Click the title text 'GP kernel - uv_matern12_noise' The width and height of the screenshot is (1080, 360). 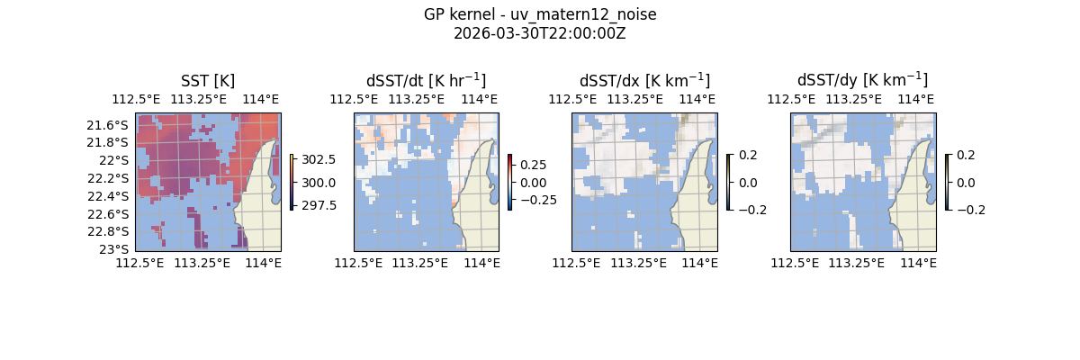[x=540, y=14]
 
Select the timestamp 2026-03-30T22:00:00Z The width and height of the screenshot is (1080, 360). [x=540, y=33]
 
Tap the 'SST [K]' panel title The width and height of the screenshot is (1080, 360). [x=208, y=80]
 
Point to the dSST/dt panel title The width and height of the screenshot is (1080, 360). [x=426, y=80]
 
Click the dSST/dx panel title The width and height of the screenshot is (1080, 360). [x=644, y=80]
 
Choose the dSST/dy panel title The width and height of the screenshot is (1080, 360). [x=862, y=80]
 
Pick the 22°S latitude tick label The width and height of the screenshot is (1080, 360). [x=116, y=160]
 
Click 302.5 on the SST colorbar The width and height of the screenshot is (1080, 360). [x=318, y=159]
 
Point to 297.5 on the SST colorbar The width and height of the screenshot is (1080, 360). [x=318, y=205]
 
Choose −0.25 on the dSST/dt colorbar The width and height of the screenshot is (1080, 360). [x=532, y=200]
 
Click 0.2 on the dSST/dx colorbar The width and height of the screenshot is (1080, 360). [x=749, y=155]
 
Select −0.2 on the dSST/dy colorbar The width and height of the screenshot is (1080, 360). [x=970, y=210]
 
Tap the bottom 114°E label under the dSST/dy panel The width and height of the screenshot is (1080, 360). [x=918, y=263]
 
